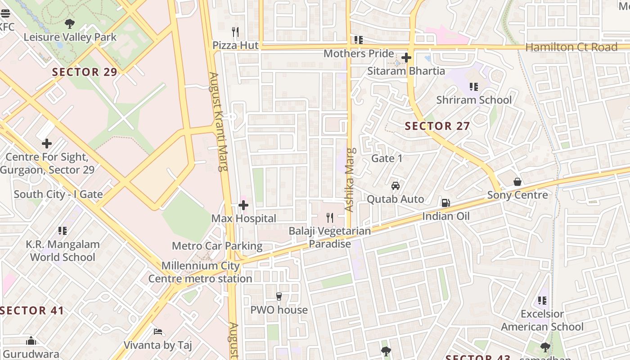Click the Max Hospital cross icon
[243, 206]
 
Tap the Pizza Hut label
[235, 45]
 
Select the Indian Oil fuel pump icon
[445, 203]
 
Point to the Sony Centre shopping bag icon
[517, 182]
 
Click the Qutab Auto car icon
[396, 185]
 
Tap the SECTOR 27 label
[437, 126]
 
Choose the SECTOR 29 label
[85, 72]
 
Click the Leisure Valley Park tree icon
[69, 23]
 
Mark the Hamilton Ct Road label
[571, 47]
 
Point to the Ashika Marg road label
[350, 180]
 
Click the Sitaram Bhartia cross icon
[406, 58]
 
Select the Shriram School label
[474, 100]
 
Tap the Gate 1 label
[387, 158]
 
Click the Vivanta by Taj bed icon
[157, 332]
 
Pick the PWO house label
[279, 310]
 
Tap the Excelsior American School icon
[542, 300]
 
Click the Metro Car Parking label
[217, 246]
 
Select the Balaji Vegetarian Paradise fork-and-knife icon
[330, 218]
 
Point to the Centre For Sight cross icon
[47, 144]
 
